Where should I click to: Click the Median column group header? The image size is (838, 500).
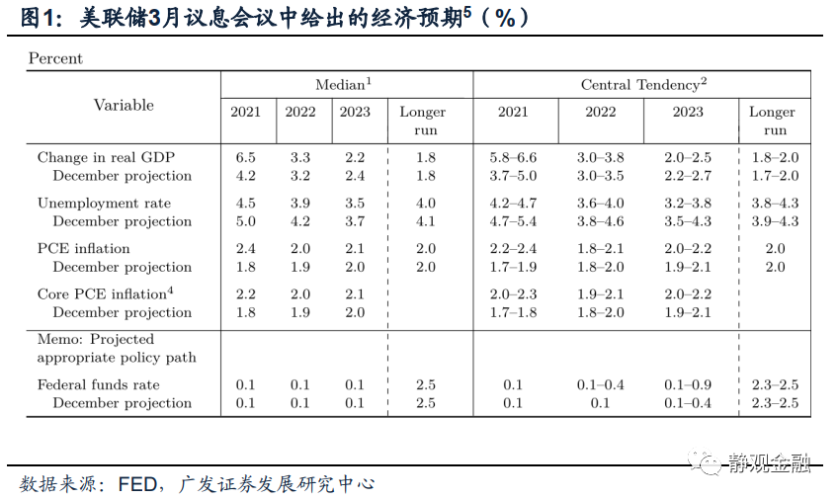point(343,85)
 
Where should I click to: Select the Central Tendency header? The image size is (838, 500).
point(643,85)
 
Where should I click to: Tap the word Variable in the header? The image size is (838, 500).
point(124,105)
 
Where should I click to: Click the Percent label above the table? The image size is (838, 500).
point(55,58)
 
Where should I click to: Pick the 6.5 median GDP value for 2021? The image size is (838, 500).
point(246,157)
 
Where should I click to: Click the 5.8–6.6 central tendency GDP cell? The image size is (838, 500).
point(513,157)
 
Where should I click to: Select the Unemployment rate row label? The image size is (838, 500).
point(104,203)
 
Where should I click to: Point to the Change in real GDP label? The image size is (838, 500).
point(106,157)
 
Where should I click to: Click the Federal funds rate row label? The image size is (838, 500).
point(98,384)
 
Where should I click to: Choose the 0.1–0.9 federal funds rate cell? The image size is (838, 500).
point(688,384)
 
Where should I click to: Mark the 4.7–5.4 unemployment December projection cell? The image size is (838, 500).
point(513,221)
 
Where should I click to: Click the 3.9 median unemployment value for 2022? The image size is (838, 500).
point(300,203)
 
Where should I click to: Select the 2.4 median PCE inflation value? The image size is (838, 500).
point(246,248)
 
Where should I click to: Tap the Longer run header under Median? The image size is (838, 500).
point(422,121)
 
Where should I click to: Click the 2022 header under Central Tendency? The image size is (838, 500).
point(600,112)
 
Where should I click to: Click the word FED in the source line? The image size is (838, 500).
point(137,484)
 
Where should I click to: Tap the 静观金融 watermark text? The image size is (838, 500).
point(769,460)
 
